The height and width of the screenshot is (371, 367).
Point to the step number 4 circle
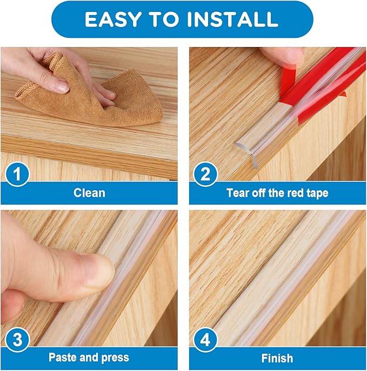pyautogui.click(x=205, y=341)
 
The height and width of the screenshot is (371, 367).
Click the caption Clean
pyautogui.click(x=89, y=193)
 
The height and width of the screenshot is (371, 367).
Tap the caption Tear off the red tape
pyautogui.click(x=277, y=193)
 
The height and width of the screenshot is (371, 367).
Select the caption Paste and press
pyautogui.click(x=89, y=357)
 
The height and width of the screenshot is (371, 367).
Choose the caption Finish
pyautogui.click(x=277, y=357)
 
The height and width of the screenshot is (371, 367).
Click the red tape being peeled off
pyautogui.click(x=324, y=81)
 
